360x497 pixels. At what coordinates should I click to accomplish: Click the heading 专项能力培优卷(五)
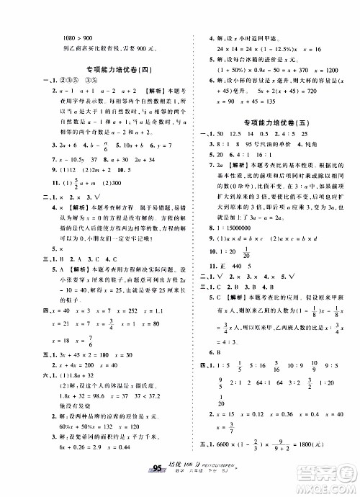[277, 122]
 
